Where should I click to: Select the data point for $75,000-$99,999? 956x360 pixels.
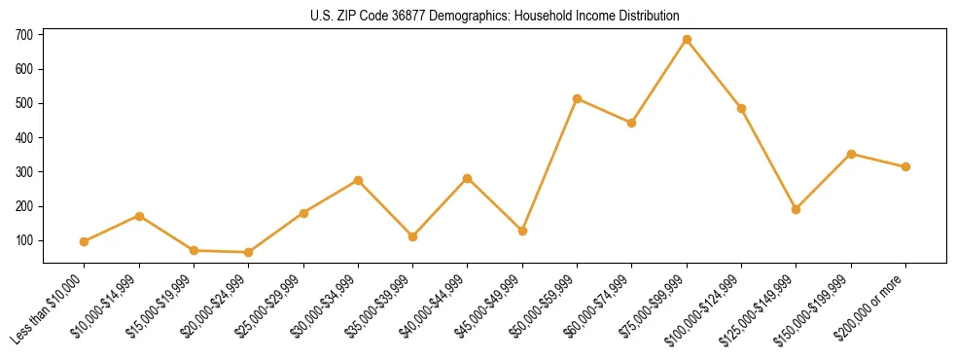point(687,40)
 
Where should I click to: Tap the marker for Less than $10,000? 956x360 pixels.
point(85,241)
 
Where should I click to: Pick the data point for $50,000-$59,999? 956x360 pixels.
point(578,98)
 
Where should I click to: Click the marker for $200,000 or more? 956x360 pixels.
point(905,166)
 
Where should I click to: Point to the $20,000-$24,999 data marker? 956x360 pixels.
point(249,252)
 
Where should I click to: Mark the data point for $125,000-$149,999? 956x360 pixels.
point(797,209)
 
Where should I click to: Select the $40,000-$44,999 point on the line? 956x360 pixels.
point(468,178)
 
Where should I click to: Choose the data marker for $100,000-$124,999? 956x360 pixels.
point(742,108)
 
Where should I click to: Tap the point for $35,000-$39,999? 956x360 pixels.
point(413,236)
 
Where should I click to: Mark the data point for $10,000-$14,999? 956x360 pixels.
point(139,216)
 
